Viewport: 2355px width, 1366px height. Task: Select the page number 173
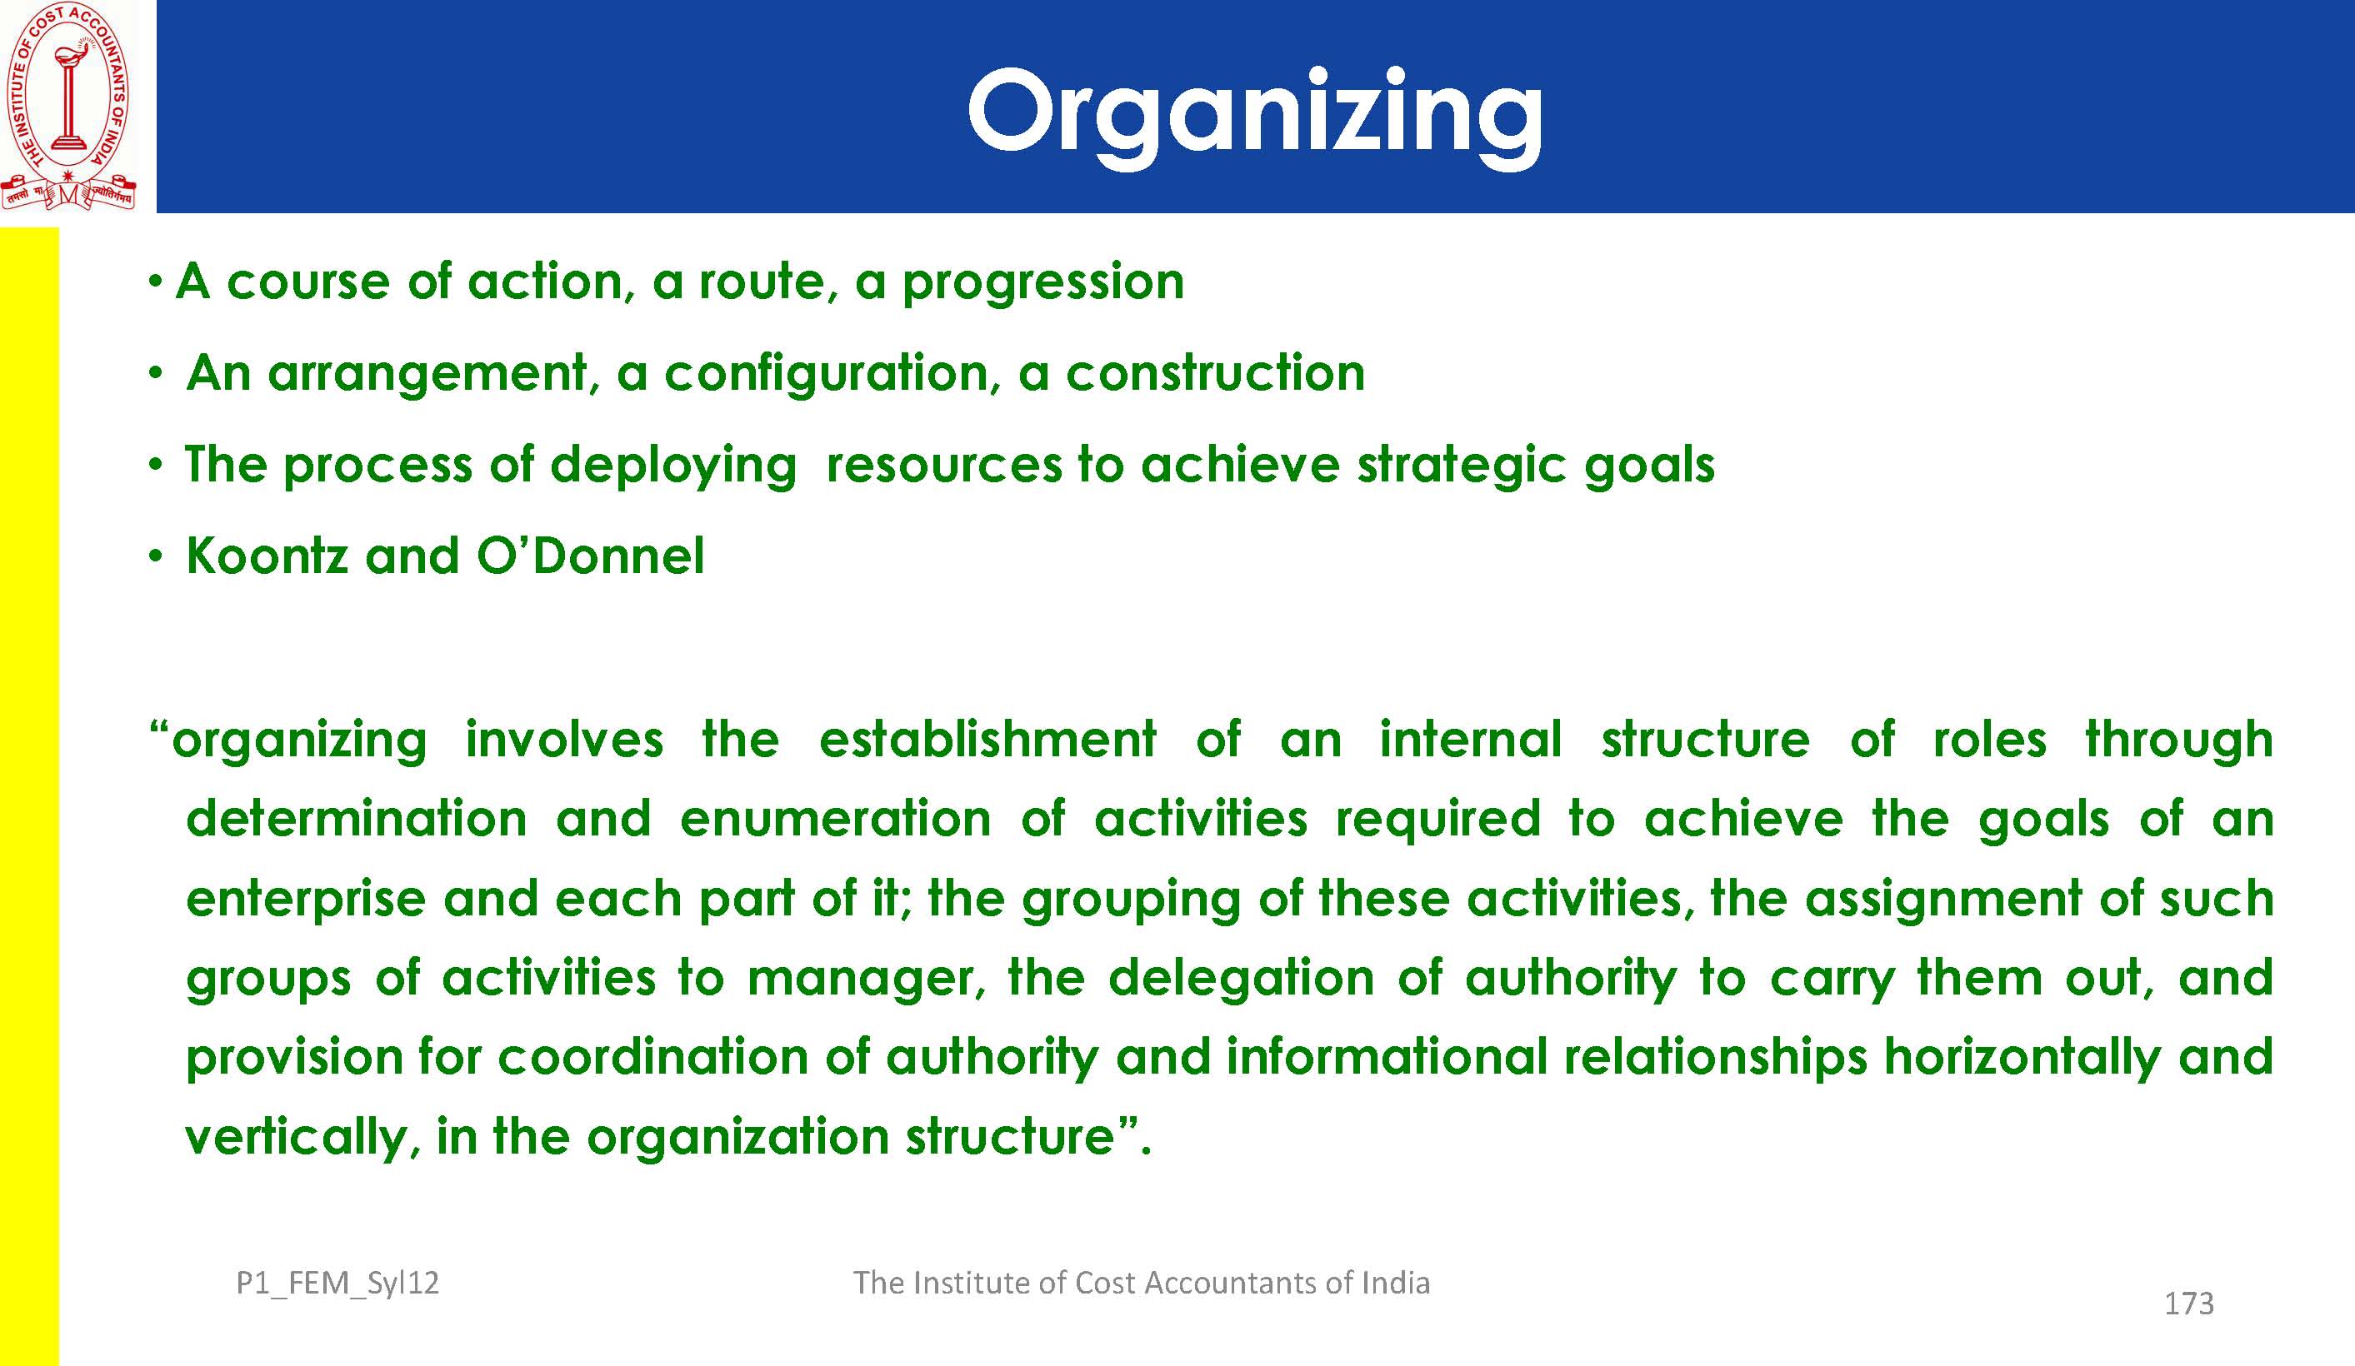[x=2188, y=1304]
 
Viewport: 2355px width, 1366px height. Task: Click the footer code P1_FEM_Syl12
[x=337, y=1284]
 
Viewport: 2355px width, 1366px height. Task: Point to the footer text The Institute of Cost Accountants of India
[x=1141, y=1283]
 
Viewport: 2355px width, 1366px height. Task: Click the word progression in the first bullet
[x=1043, y=282]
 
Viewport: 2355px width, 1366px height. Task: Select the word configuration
[x=826, y=374]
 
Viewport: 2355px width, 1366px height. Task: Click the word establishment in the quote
[x=987, y=739]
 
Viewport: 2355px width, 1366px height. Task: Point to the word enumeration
[x=836, y=820]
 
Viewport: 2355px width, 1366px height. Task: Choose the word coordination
[x=652, y=1058]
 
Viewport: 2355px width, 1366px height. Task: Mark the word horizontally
[x=2022, y=1059]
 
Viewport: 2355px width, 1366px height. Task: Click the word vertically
[x=296, y=1138]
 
